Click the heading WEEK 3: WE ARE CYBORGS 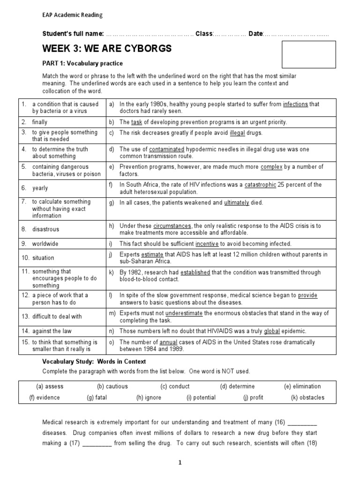[107, 49]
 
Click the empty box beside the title [308, 54]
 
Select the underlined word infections [295, 104]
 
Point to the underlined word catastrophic [260, 185]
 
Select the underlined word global [272, 331]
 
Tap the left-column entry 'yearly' [40, 188]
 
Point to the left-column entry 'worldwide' [45, 244]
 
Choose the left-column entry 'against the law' [51, 331]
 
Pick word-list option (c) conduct [175, 386]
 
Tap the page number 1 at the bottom [180, 462]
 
